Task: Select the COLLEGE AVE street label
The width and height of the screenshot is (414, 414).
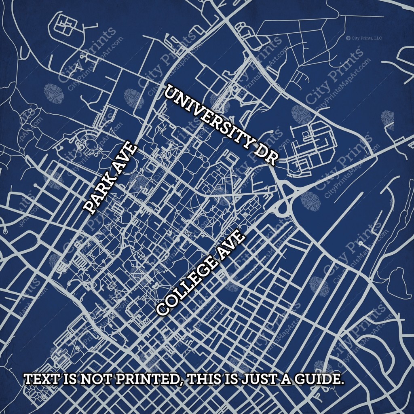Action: pyautogui.click(x=201, y=274)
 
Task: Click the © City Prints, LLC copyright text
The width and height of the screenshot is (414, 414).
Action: pyautogui.click(x=364, y=38)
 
